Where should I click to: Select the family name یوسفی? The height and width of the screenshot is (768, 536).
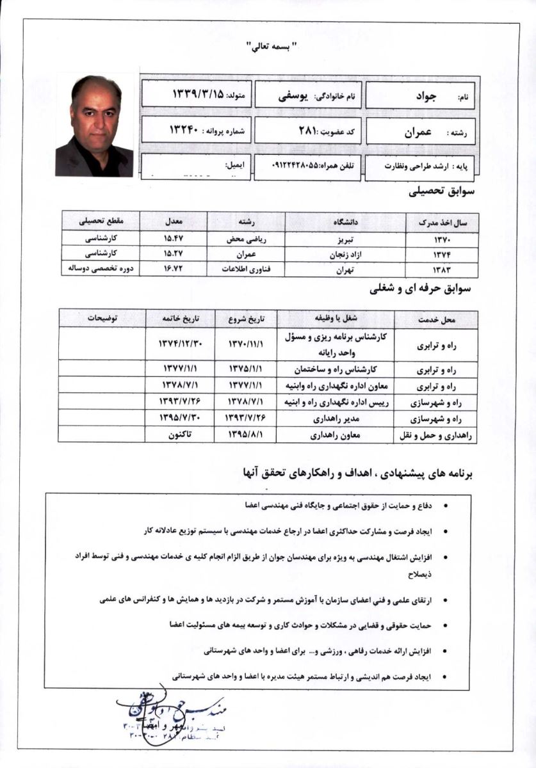pyautogui.click(x=313, y=97)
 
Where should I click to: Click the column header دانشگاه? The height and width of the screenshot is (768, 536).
pyautogui.click(x=345, y=222)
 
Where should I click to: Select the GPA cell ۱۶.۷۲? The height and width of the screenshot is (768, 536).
pyautogui.click(x=174, y=269)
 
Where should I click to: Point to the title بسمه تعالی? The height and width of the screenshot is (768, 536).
pyautogui.click(x=268, y=46)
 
